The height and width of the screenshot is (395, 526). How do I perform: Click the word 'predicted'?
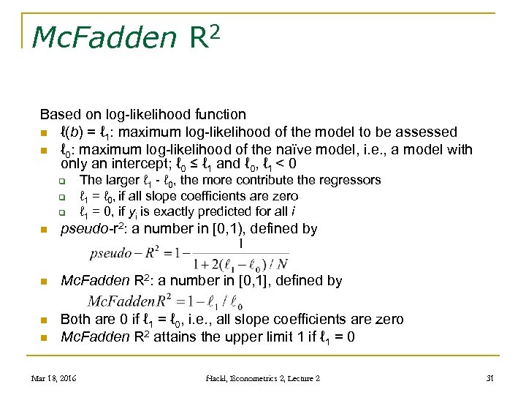click(218, 212)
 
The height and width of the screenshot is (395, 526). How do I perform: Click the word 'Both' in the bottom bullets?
click(76, 320)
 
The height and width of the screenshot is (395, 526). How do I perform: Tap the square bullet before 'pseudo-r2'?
click(45, 230)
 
